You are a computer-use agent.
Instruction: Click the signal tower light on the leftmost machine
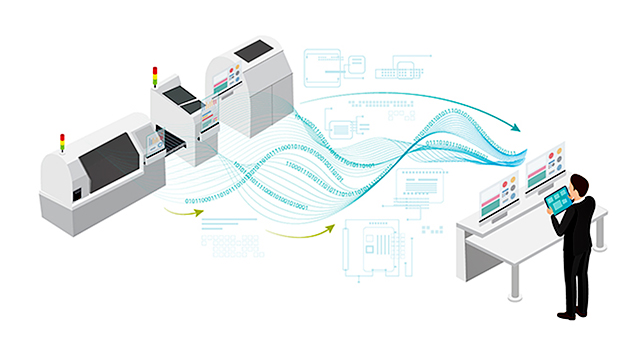[x=62, y=140]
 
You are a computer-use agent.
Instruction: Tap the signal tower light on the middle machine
[x=154, y=76]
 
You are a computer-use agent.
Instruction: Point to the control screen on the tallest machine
[x=232, y=79]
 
